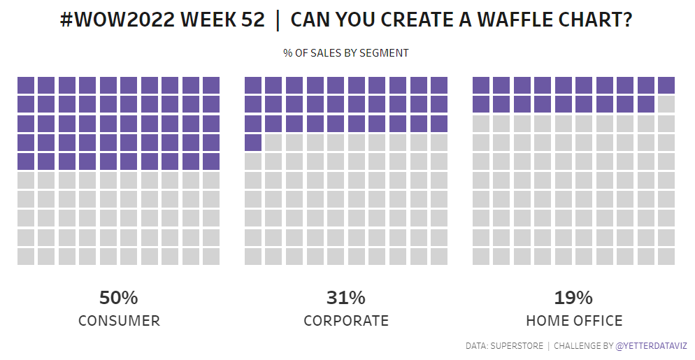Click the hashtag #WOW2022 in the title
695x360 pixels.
pos(117,20)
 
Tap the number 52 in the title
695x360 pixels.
pos(252,20)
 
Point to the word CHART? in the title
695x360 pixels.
pos(594,20)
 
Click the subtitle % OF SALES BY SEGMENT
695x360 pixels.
pos(346,53)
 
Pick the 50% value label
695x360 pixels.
pos(119,298)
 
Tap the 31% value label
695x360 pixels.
pos(346,298)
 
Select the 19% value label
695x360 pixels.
pos(573,298)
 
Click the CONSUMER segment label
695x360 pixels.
pos(119,321)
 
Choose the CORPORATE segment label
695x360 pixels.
pos(346,321)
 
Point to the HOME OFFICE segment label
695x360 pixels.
pos(574,321)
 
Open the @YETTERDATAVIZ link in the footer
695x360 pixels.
pos(651,345)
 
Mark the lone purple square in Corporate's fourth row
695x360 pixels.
pos(253,143)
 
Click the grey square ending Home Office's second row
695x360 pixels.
pos(666,105)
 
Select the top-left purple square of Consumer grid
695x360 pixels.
pos(26,85)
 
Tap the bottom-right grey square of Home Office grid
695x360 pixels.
pos(666,257)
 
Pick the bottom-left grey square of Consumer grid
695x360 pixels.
pos(26,257)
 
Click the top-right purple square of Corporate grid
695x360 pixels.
pos(439,85)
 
